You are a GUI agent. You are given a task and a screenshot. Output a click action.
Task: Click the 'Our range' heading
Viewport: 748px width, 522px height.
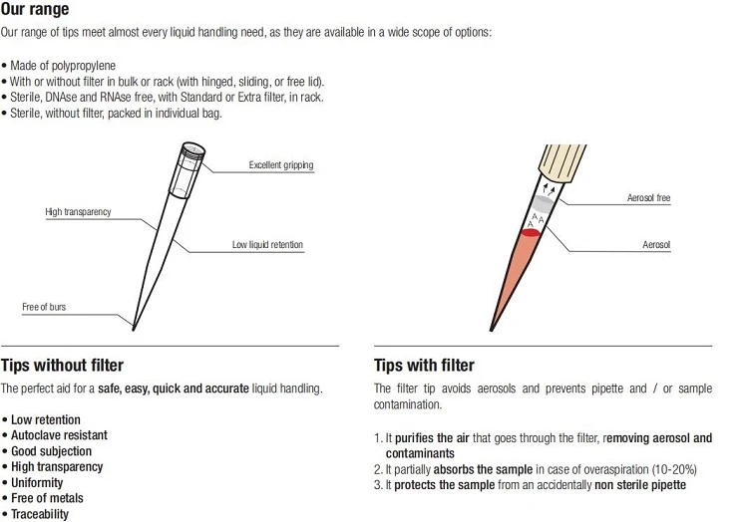click(x=35, y=9)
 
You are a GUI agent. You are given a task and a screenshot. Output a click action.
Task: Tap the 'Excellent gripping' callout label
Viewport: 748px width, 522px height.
click(x=281, y=164)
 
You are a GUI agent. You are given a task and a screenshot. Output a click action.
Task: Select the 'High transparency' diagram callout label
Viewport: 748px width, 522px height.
click(x=78, y=211)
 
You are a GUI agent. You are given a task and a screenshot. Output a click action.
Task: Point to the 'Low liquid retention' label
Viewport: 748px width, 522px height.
click(x=267, y=244)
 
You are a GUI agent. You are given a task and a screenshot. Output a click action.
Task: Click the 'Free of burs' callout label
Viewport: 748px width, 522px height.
click(x=44, y=307)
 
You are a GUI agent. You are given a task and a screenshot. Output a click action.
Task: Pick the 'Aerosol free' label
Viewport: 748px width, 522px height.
click(x=649, y=197)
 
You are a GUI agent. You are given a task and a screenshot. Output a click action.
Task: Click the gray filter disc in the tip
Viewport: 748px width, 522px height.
click(x=543, y=203)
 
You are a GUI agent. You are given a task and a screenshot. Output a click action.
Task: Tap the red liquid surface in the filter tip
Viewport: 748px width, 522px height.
click(x=530, y=232)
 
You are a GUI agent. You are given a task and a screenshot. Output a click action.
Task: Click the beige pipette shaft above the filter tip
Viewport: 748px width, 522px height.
click(x=562, y=161)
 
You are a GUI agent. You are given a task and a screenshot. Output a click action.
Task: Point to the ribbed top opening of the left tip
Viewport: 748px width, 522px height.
click(x=193, y=150)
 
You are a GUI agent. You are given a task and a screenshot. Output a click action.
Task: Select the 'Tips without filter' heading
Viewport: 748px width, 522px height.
click(x=62, y=366)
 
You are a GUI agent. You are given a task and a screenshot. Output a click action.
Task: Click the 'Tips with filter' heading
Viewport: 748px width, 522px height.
click(x=424, y=366)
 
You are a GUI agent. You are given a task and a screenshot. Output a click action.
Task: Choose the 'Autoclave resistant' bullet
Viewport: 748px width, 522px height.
click(x=59, y=435)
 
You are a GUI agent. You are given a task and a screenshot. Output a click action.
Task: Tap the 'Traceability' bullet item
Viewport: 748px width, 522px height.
click(x=40, y=514)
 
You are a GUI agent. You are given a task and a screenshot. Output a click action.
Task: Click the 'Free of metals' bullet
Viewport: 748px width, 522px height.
click(x=47, y=498)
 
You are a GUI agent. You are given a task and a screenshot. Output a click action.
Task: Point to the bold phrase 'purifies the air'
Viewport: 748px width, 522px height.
click(x=432, y=438)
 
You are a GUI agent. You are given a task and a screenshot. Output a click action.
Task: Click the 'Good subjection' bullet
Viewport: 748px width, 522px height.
click(x=51, y=451)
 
